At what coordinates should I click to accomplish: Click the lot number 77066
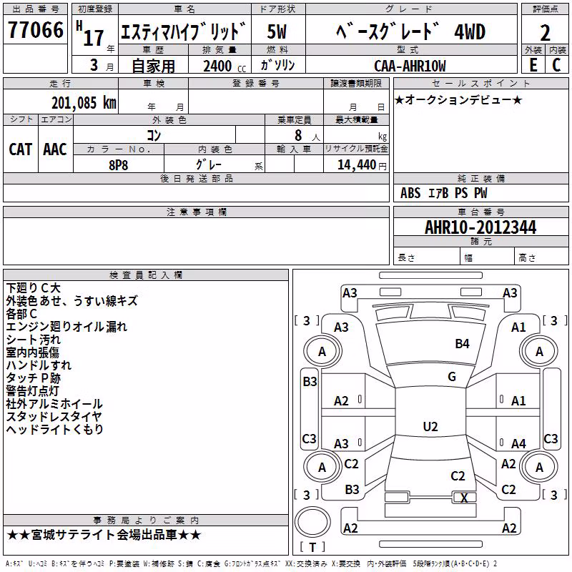tap(36, 30)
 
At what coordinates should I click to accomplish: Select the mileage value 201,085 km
tap(84, 103)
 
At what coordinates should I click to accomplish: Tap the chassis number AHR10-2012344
tap(480, 227)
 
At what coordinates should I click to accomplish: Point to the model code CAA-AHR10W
tap(410, 66)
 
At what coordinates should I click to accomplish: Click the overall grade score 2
tap(545, 33)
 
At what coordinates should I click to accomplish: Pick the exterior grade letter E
tap(533, 65)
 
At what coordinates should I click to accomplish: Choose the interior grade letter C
tap(556, 65)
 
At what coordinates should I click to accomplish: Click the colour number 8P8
tap(119, 165)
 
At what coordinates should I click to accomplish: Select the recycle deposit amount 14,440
tap(357, 165)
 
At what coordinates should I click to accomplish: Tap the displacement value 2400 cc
tap(225, 66)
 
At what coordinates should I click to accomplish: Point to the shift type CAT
tap(21, 149)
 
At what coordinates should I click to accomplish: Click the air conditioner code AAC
tap(55, 149)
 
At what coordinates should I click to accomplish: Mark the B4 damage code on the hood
tap(462, 344)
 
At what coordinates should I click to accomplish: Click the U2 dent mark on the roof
tap(430, 426)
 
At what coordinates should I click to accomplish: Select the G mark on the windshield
tap(452, 377)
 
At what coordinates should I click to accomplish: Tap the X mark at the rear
tap(464, 498)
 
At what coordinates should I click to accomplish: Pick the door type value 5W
tap(277, 31)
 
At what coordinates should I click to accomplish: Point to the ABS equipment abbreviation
tap(410, 193)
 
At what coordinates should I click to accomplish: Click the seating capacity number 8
tap(298, 135)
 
